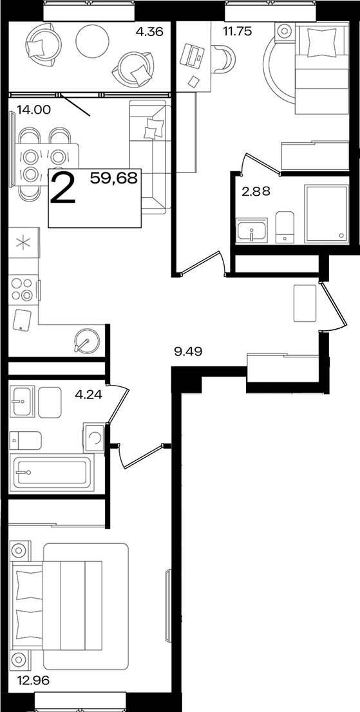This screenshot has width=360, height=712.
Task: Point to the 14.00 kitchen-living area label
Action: (34, 109)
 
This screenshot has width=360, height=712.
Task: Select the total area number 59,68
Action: (113, 178)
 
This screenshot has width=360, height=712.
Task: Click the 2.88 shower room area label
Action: (256, 192)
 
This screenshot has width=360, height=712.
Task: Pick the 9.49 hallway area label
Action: (188, 351)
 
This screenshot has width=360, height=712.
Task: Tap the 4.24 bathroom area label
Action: (88, 394)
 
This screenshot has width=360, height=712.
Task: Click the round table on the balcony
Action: (93, 41)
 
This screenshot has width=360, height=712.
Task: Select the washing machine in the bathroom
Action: (94, 437)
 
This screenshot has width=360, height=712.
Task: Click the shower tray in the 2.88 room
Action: (326, 212)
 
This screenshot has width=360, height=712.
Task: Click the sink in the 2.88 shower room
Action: (252, 229)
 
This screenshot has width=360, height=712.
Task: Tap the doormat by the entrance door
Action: (305, 303)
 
